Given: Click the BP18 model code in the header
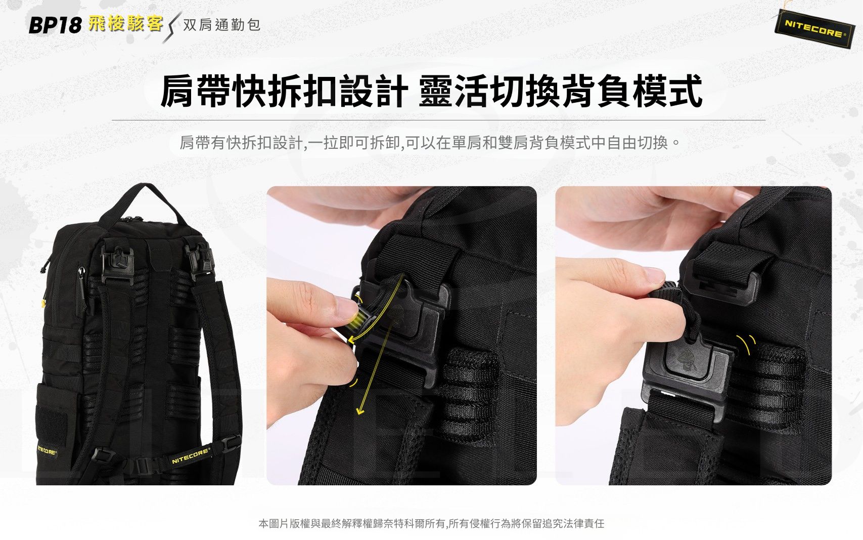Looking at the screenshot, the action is pos(55,25).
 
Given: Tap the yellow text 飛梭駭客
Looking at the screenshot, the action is pos(125,23).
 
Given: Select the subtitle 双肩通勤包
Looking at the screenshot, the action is pos(221,25).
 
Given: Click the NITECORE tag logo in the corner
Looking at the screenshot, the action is pos(814,29).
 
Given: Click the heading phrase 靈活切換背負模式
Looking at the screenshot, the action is pos(560,91).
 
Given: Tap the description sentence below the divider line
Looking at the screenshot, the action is pos(430,143).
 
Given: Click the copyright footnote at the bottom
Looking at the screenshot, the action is pos(431,523).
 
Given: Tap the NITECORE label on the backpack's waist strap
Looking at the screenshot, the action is pos(191,455).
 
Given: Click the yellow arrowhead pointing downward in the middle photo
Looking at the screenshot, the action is pos(360,409).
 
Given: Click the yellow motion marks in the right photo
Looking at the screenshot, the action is pos(746,345).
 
